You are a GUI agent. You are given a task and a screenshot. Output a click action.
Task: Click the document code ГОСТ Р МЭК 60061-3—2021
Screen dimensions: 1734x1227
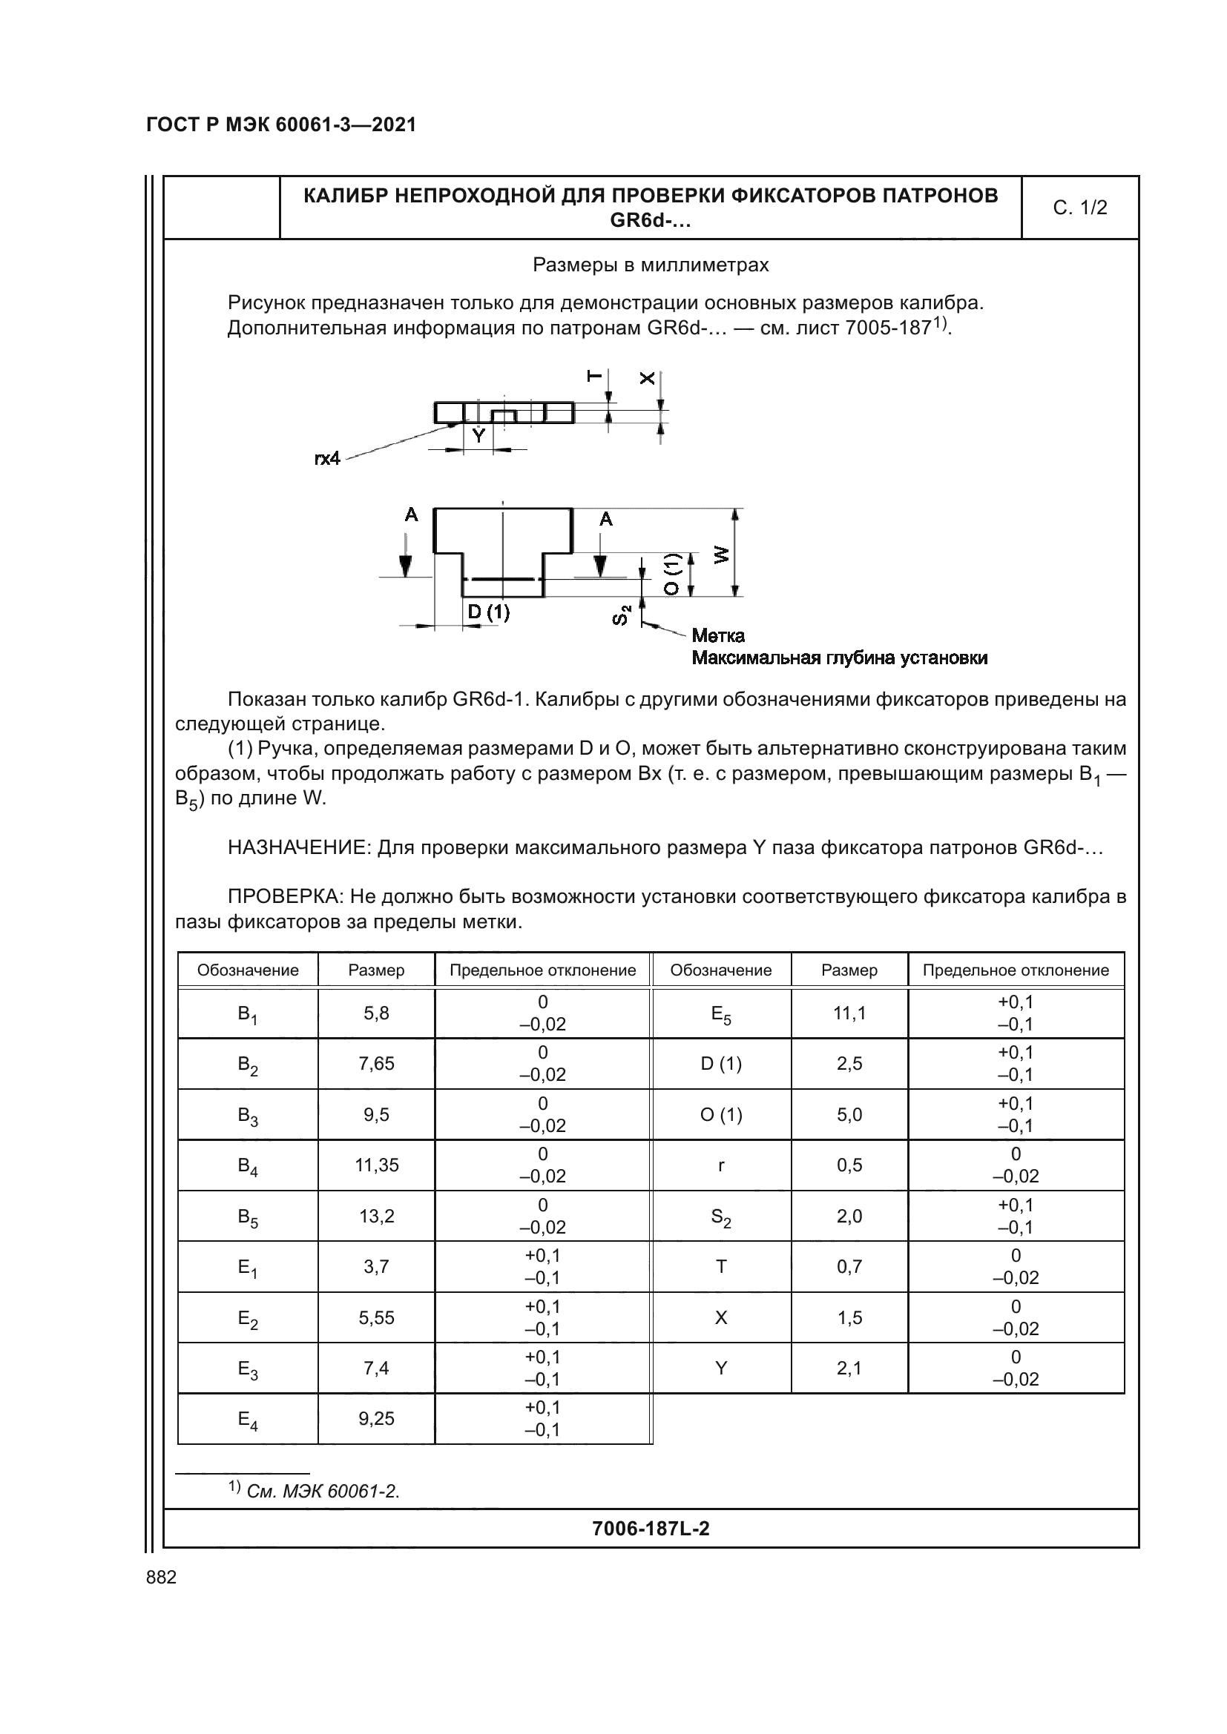coord(281,125)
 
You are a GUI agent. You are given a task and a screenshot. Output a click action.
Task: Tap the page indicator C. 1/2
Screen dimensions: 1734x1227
coord(1079,208)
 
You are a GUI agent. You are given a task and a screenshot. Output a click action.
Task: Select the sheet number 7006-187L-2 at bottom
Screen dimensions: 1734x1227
coord(651,1529)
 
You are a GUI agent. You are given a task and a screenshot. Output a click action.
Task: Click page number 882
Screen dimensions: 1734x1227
coord(161,1578)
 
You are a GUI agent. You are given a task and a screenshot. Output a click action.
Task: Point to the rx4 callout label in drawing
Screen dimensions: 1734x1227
coord(327,458)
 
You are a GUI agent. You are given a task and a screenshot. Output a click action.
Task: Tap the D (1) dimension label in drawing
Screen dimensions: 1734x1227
coord(488,612)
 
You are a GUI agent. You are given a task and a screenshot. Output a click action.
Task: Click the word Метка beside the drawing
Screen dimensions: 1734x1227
coord(718,635)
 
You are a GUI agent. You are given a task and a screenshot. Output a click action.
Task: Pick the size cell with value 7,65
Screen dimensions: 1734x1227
coord(376,1063)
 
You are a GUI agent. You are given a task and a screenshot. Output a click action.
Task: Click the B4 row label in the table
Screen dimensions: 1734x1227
coord(248,1165)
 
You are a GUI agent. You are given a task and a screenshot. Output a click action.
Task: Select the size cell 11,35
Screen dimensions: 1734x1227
coord(376,1165)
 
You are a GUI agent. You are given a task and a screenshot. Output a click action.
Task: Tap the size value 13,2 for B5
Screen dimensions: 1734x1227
coord(376,1216)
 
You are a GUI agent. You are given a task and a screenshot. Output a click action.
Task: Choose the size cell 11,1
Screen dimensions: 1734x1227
coord(849,1013)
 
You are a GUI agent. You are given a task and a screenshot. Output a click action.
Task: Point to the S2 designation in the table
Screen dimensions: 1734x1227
coord(721,1217)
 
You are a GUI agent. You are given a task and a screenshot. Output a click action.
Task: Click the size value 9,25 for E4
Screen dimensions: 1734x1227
coord(376,1418)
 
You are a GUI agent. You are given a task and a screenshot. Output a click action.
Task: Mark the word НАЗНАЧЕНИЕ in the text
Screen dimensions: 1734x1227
coord(299,848)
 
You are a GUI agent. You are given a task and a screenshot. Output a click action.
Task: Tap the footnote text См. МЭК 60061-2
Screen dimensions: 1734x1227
coord(323,1492)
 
